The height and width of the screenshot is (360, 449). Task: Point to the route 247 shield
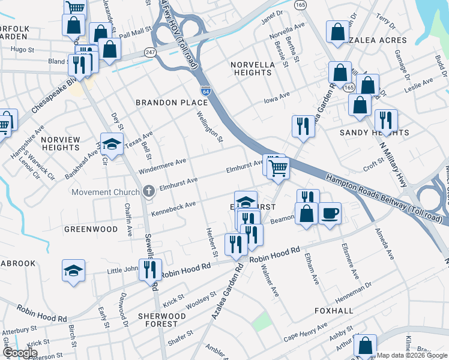click(149, 53)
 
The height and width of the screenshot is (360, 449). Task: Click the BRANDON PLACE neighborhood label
click(172, 103)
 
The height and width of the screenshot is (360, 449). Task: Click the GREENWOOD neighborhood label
click(91, 229)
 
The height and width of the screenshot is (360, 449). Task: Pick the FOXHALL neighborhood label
click(334, 311)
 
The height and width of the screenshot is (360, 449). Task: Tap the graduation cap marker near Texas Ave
click(112, 144)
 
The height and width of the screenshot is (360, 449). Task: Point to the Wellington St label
click(210, 127)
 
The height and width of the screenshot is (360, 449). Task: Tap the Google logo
click(20, 353)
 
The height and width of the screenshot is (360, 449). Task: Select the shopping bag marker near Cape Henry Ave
click(365, 346)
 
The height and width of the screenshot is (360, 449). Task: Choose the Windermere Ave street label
click(163, 166)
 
